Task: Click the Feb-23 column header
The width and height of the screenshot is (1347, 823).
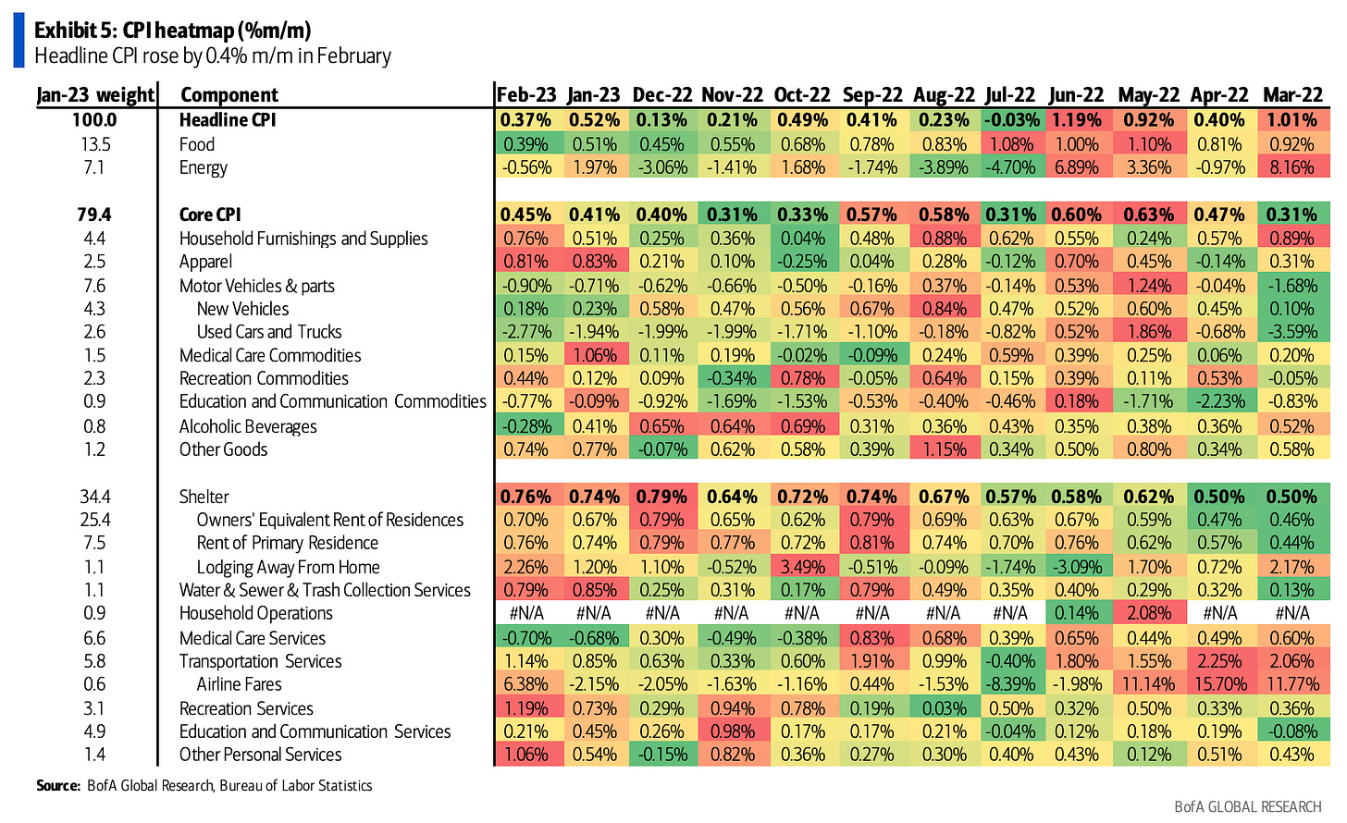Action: point(526,95)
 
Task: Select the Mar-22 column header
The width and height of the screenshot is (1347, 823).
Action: point(1292,95)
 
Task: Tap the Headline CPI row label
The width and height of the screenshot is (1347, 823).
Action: point(228,120)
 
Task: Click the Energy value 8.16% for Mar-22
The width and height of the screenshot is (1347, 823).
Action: point(1292,167)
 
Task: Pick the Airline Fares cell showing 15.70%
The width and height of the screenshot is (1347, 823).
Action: point(1219,684)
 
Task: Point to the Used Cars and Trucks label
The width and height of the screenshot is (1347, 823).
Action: point(269,332)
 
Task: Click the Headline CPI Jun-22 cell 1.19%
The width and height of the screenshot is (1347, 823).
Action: point(1076,120)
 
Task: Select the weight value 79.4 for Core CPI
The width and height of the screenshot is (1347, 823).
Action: point(94,215)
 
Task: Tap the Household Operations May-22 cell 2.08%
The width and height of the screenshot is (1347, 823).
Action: point(1149,613)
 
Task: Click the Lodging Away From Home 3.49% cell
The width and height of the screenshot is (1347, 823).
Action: point(802,567)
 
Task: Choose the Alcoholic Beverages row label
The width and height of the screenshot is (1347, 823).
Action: point(248,426)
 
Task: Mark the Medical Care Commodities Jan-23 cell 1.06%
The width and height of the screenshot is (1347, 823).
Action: point(594,355)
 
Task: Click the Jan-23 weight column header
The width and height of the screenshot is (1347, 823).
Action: point(94,95)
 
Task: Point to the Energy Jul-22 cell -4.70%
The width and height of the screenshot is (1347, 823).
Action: point(1010,167)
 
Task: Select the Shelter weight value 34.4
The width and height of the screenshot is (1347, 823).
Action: point(94,497)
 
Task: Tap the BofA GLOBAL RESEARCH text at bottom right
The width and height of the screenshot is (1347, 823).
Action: point(1247,807)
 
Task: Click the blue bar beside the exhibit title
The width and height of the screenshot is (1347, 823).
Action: point(19,42)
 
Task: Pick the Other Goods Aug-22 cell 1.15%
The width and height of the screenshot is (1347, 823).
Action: point(944,449)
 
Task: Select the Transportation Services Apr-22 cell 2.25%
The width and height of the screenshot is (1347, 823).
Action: point(1219,661)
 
